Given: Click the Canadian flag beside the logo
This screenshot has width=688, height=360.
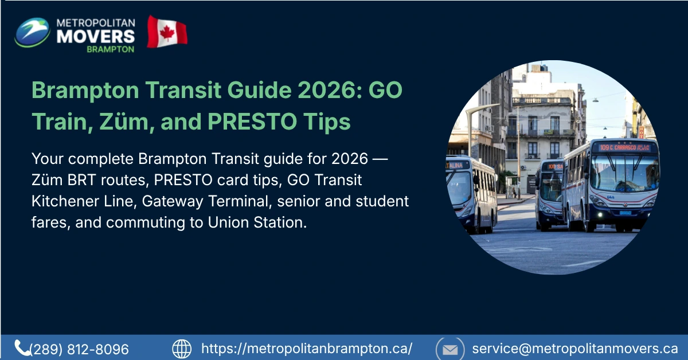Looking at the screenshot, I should (x=167, y=32).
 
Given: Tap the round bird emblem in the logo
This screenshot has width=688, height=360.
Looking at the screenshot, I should (x=32, y=33).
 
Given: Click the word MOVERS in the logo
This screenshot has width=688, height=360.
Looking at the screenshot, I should (x=96, y=36).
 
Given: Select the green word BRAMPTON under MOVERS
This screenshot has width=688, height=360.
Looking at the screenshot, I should (x=110, y=49).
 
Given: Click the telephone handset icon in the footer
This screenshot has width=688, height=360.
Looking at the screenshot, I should (x=22, y=347).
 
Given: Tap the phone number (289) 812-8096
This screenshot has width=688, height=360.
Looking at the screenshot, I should (x=79, y=349).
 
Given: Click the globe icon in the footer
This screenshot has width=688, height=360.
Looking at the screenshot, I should (x=182, y=349).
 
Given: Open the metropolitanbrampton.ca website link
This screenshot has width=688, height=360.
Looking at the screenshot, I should (x=307, y=349).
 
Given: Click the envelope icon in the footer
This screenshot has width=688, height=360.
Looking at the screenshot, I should (x=450, y=349).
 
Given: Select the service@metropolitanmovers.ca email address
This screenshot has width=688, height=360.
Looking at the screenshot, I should (x=575, y=349).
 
